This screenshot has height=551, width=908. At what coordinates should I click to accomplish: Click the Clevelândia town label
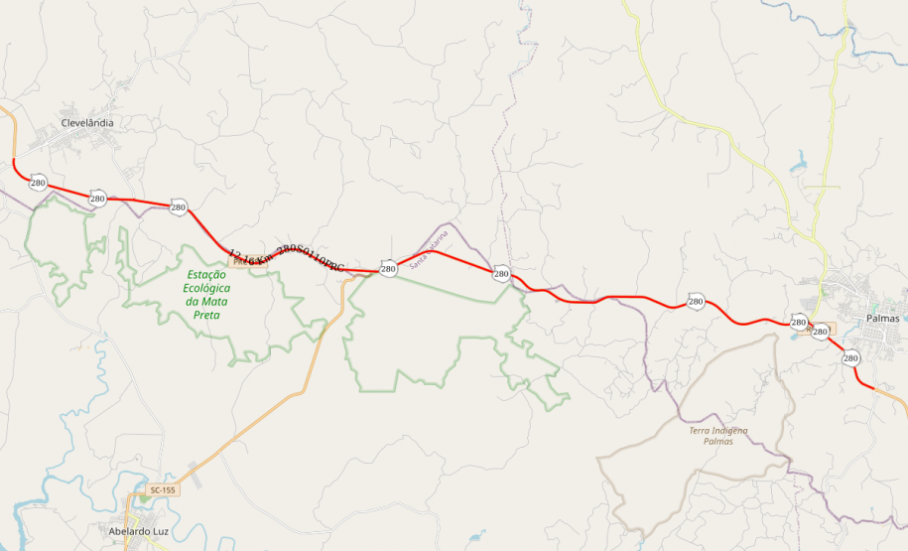click(87, 123)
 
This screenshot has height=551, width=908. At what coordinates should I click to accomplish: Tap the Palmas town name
click(882, 319)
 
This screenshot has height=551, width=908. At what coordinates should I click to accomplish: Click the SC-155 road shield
click(163, 490)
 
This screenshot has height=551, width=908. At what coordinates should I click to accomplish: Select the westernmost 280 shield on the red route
click(38, 183)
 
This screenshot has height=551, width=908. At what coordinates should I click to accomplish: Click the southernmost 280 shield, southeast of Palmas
click(850, 358)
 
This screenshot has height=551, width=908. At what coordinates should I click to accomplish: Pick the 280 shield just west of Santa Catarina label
click(388, 269)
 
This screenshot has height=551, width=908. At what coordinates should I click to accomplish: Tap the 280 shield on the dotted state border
click(501, 273)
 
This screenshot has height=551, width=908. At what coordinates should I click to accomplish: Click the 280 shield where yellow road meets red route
click(799, 322)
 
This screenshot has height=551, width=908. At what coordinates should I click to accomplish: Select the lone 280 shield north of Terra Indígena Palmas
click(695, 301)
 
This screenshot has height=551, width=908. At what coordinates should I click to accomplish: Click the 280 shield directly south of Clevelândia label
click(97, 199)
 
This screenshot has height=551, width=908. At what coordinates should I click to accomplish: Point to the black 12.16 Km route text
click(286, 259)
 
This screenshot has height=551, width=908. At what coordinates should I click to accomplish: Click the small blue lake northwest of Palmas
click(799, 163)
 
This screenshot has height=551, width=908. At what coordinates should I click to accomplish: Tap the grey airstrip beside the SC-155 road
click(194, 480)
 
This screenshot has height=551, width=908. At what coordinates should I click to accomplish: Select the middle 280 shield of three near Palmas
click(820, 332)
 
